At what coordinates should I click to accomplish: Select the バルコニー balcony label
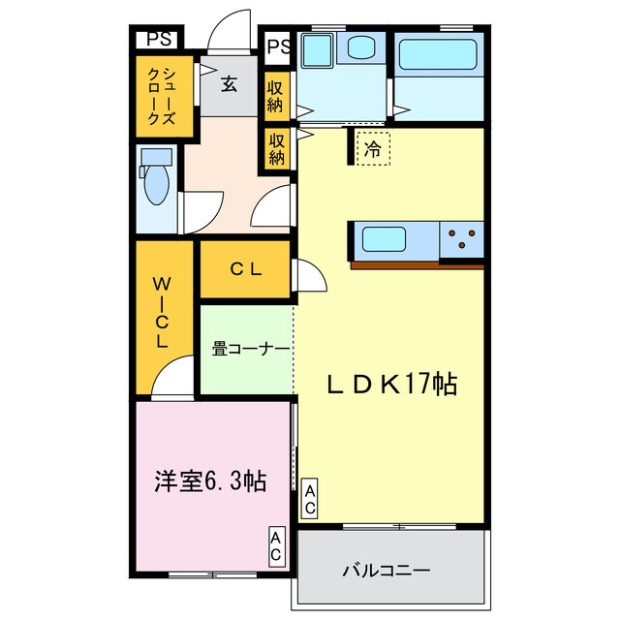385,571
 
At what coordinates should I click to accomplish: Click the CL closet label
245,270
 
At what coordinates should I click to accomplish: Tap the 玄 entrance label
229,84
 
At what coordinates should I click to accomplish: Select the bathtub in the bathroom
438,54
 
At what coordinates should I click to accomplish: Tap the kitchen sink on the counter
387,237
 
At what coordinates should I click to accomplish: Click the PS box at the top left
155,40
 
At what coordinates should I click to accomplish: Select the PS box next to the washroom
278,46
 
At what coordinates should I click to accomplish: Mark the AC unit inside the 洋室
276,547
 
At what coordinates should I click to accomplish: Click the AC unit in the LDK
310,499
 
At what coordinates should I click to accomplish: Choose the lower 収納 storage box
277,148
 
